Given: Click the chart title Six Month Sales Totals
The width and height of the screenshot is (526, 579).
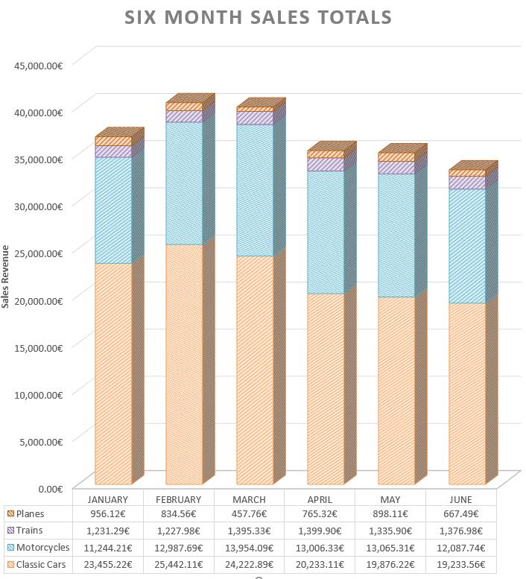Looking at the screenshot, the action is pyautogui.click(x=258, y=17).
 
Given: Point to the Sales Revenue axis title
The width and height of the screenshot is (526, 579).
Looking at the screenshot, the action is pyautogui.click(x=4, y=276).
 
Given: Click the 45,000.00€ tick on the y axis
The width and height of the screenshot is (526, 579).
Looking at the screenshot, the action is pyautogui.click(x=39, y=66).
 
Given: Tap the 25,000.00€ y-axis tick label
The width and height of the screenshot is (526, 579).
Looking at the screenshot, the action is pyautogui.click(x=39, y=253).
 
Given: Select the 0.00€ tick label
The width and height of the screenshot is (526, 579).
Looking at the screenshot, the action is pyautogui.click(x=50, y=489).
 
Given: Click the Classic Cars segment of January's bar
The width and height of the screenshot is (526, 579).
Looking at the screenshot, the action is pyautogui.click(x=113, y=373).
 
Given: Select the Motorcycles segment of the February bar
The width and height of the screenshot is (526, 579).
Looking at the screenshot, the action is pyautogui.click(x=184, y=183).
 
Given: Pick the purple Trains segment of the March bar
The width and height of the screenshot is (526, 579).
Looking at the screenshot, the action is pyautogui.click(x=255, y=118).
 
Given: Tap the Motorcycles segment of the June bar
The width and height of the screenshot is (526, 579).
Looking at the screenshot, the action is pyautogui.click(x=467, y=246).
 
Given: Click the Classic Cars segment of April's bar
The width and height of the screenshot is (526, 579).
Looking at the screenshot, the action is pyautogui.click(x=326, y=389).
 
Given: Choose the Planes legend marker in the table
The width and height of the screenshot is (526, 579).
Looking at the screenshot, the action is pyautogui.click(x=10, y=513).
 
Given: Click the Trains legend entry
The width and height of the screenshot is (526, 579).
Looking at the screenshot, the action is pyautogui.click(x=25, y=531).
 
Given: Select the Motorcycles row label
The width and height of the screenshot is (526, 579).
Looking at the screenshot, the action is pyautogui.click(x=42, y=547).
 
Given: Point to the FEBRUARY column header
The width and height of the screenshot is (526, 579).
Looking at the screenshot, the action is pyautogui.click(x=178, y=499).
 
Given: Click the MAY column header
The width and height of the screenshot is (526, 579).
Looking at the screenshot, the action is pyautogui.click(x=390, y=499).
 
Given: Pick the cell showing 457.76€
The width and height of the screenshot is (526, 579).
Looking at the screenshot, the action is pyautogui.click(x=249, y=513).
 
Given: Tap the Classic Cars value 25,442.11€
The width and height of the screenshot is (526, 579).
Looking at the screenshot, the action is pyautogui.click(x=178, y=565).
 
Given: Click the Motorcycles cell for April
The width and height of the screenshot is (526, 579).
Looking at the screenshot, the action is pyautogui.click(x=320, y=548).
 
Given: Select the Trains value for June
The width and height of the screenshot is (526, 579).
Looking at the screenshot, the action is pyautogui.click(x=460, y=531).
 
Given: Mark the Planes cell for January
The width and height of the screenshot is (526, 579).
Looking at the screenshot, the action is pyautogui.click(x=108, y=513).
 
